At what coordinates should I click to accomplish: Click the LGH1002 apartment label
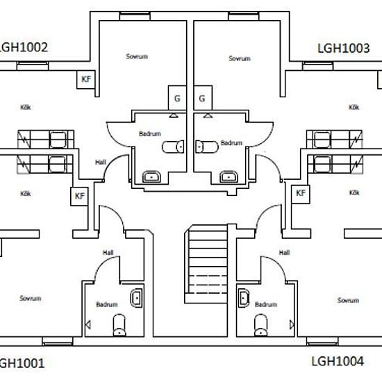(23, 47)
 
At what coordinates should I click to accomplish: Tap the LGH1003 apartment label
(344, 48)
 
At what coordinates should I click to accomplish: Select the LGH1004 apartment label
(338, 361)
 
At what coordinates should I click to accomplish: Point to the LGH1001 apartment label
(22, 363)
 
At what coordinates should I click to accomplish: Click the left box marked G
(177, 98)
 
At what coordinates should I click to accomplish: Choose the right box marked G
(203, 98)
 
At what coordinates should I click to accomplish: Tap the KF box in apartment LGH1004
(301, 194)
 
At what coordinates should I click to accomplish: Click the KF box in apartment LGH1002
(85, 79)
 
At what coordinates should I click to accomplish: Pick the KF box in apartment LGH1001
(79, 197)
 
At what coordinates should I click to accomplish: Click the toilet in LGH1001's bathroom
(119, 326)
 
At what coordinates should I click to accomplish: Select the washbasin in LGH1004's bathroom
(243, 298)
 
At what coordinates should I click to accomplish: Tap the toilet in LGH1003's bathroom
(207, 147)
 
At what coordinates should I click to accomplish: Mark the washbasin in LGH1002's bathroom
(151, 176)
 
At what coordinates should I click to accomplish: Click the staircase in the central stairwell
(206, 264)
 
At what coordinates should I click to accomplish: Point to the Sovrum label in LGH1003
(240, 58)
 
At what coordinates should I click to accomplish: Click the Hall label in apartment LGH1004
(284, 253)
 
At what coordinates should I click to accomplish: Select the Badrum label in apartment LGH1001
(107, 304)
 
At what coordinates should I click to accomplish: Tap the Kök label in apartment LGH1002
(26, 107)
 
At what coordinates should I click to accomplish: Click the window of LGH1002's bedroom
(135, 16)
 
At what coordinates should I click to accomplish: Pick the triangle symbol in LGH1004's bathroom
(292, 325)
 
